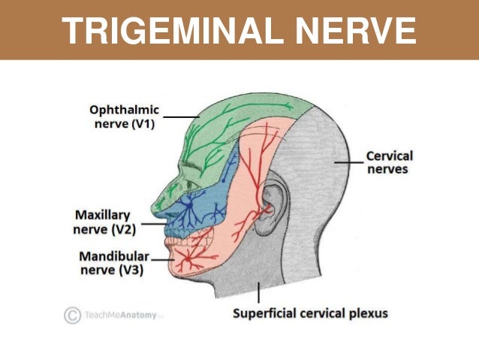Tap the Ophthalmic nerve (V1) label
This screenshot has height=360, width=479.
click(x=125, y=116)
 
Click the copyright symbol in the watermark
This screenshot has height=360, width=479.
click(x=72, y=315)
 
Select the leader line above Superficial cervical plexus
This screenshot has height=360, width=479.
click(x=258, y=292)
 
